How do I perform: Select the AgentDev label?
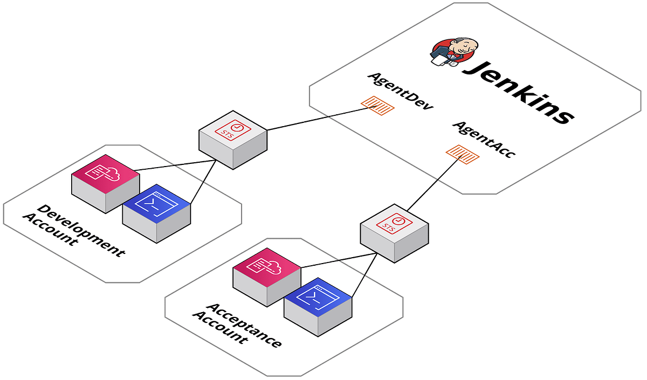click(400, 92)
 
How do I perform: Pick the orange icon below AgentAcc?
click(462, 154)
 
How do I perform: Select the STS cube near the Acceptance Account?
click(394, 232)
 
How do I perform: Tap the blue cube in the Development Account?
click(157, 212)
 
